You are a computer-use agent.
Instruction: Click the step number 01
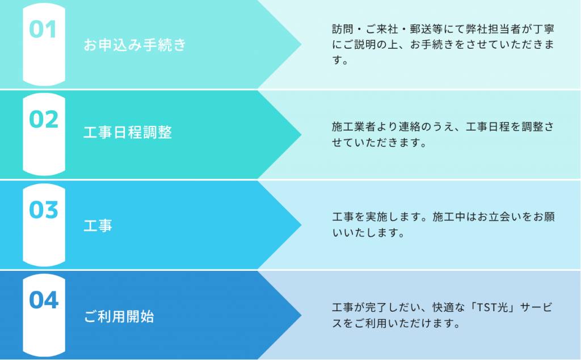43,30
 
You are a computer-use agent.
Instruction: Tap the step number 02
44,119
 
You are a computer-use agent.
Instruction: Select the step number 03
44,210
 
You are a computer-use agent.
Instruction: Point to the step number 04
44,300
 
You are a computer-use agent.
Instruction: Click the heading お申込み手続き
134,45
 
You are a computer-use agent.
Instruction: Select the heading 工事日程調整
128,132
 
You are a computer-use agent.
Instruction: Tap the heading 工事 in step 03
98,225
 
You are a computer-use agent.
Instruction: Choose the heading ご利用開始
119,317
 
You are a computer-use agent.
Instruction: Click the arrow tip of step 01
301,44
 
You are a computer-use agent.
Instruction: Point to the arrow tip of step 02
301,135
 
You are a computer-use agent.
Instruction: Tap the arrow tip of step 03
301,225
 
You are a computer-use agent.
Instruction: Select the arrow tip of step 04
301,316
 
